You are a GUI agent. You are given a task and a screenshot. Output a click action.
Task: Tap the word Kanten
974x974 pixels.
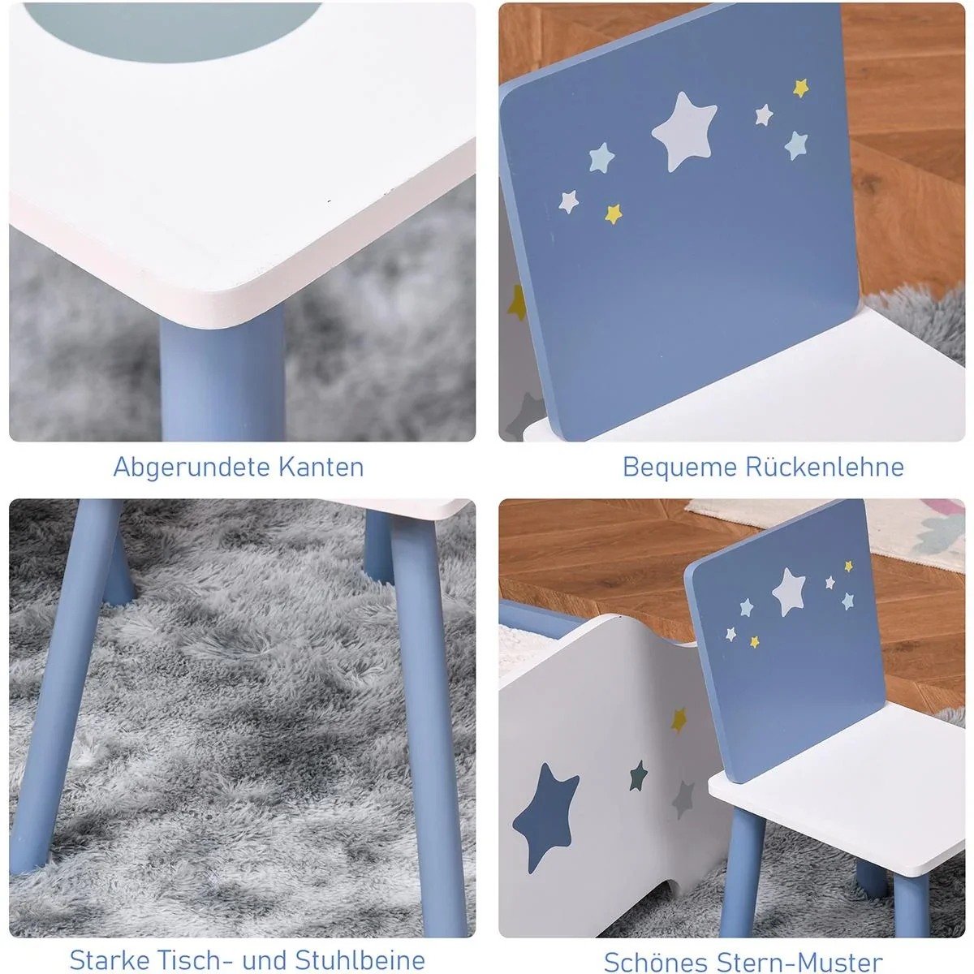pyautogui.click(x=321, y=467)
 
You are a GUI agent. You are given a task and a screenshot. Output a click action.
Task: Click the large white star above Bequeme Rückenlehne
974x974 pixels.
pyautogui.click(x=685, y=131)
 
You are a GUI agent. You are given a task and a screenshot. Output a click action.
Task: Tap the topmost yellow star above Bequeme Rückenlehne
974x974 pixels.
pyautogui.click(x=801, y=88)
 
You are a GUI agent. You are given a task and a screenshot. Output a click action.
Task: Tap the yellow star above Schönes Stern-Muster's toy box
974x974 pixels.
pyautogui.click(x=679, y=718)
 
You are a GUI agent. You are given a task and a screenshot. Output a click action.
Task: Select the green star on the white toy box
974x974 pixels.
pyautogui.click(x=639, y=776)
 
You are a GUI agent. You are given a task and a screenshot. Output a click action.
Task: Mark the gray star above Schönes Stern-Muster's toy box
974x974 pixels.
pyautogui.click(x=684, y=799)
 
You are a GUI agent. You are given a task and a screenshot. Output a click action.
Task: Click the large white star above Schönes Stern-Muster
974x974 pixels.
pyautogui.click(x=788, y=591)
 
